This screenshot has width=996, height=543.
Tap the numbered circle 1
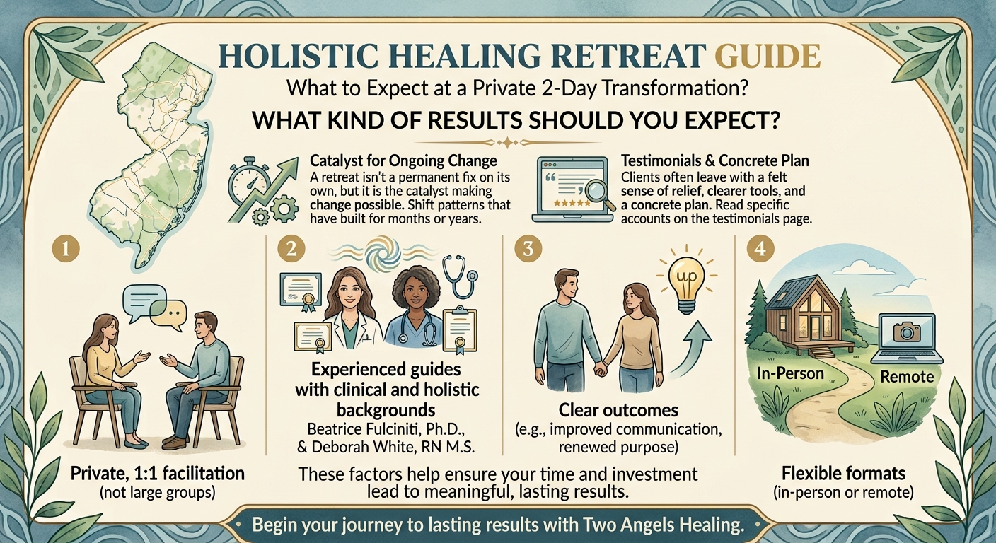coord(65,248)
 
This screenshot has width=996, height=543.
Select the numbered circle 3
coord(528,248)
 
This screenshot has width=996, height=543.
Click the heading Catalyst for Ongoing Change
coord(403,160)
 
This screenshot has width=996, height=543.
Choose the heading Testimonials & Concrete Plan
coord(715,160)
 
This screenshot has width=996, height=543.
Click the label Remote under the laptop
coord(907,377)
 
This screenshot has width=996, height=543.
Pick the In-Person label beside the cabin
coord(790,373)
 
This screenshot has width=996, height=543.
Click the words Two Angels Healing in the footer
coord(662,525)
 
